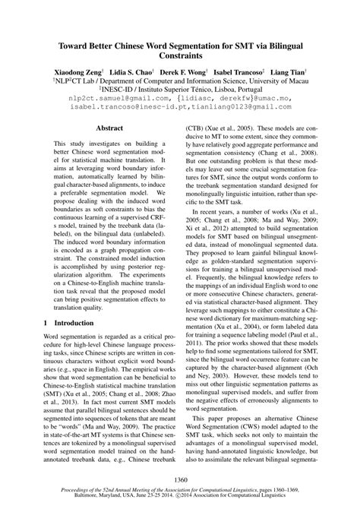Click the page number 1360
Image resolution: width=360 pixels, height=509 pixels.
180,479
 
